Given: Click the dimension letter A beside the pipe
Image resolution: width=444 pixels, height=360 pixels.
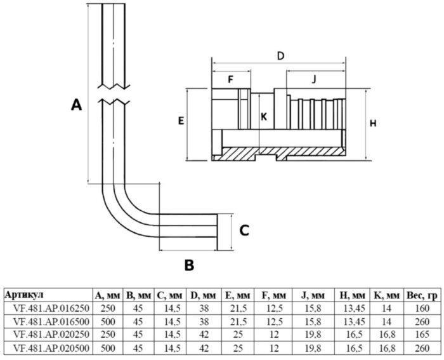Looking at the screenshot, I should [x=76, y=105].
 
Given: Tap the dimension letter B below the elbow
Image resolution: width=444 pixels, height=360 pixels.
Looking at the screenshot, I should [x=188, y=265].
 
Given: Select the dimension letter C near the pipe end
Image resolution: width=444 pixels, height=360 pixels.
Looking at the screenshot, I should [x=243, y=230].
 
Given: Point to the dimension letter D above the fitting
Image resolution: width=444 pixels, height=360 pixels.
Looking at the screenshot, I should [x=280, y=55].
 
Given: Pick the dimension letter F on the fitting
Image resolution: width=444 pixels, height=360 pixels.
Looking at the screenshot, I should [x=230, y=80].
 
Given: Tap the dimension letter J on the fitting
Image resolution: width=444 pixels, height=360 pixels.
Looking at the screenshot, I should [x=314, y=80].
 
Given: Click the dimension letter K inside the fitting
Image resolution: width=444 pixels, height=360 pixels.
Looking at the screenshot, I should [x=264, y=116].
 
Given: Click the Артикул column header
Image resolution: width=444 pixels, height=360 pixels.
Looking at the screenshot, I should [x=24, y=294].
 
